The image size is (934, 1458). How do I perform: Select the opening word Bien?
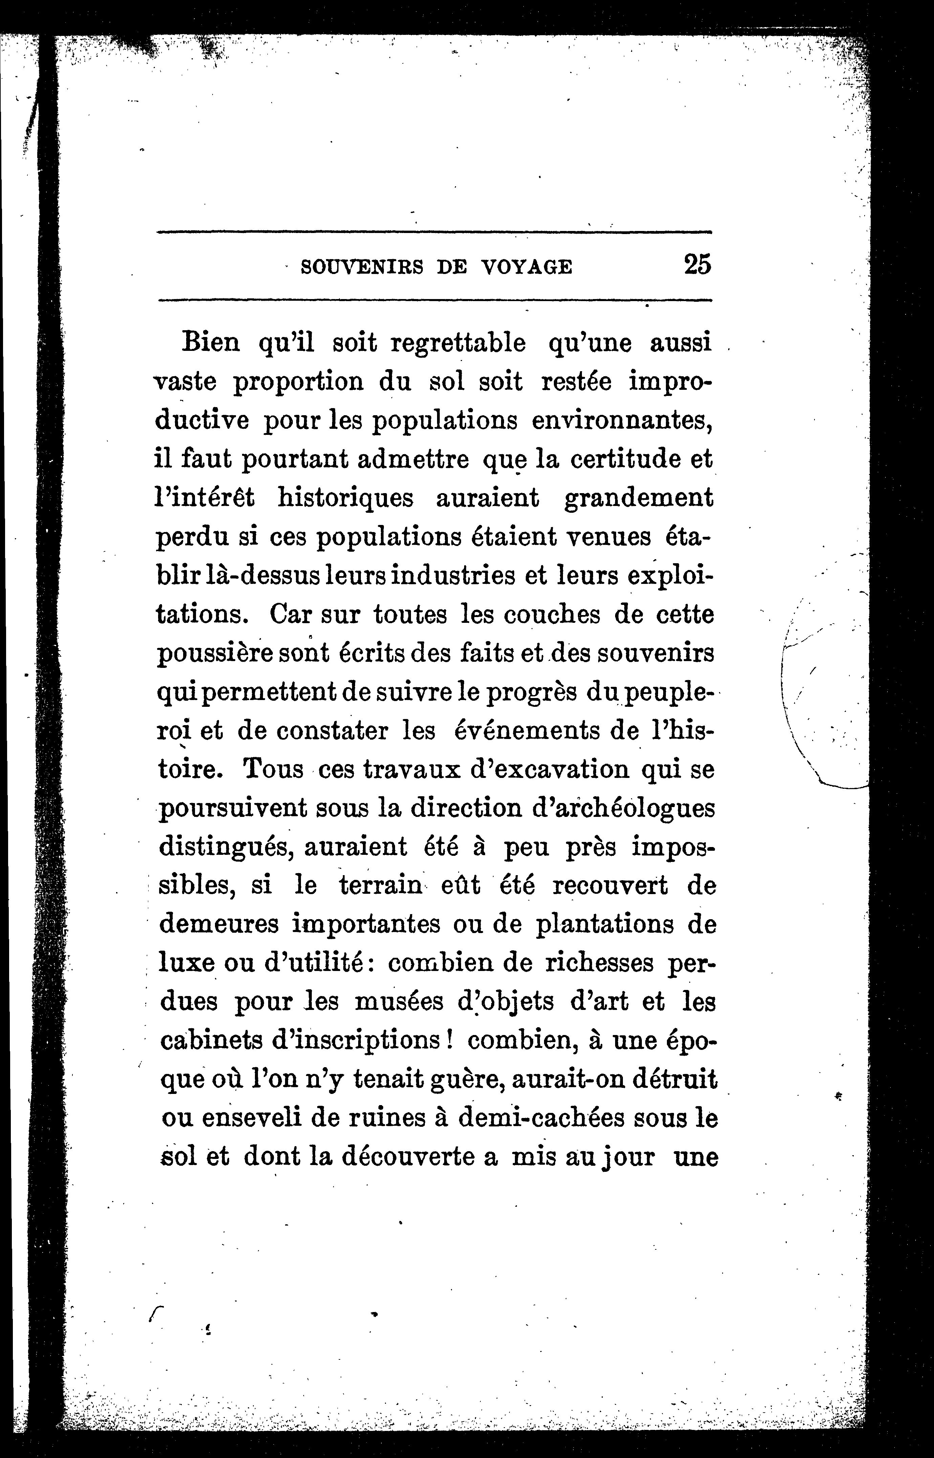pos(211,343)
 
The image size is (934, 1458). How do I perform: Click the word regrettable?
pos(458,343)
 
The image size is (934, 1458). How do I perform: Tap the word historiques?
pos(346,498)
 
